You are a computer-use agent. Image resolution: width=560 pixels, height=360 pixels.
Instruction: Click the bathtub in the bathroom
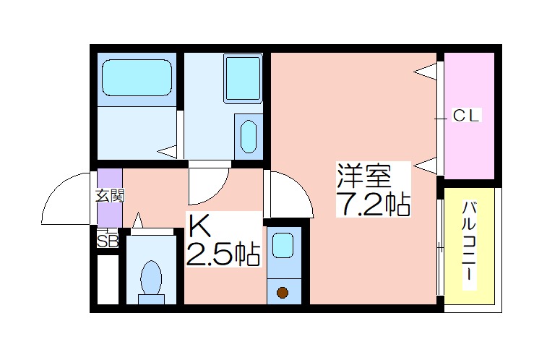(x=137, y=77)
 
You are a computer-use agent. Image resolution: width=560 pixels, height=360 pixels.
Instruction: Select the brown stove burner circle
(x=283, y=292)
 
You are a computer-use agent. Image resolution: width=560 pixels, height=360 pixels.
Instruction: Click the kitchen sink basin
(x=283, y=245)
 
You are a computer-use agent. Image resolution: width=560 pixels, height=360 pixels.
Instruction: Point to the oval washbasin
(x=249, y=137)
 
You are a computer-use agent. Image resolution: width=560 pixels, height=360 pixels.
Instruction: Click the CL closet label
(x=466, y=116)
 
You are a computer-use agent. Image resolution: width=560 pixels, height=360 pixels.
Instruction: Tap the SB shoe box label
(x=108, y=241)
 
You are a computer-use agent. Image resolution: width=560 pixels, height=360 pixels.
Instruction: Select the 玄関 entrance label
(x=110, y=196)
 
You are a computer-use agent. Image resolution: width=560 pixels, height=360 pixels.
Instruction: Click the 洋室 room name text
(x=364, y=176)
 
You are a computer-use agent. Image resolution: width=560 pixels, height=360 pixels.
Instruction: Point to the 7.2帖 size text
(x=373, y=204)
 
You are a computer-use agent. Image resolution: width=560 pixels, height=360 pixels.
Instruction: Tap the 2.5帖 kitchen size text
(x=223, y=254)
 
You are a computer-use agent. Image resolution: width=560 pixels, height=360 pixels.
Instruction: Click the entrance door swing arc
(x=57, y=189)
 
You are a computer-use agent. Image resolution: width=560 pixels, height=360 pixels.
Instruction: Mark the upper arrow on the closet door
(x=426, y=72)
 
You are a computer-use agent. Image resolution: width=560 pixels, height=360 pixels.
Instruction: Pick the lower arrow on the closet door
(x=426, y=166)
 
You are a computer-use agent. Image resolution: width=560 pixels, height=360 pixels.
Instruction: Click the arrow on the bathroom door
(x=167, y=151)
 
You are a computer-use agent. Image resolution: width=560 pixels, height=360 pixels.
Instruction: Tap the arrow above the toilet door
(x=138, y=220)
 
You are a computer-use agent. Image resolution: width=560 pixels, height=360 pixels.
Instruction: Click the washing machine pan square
(x=243, y=78)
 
